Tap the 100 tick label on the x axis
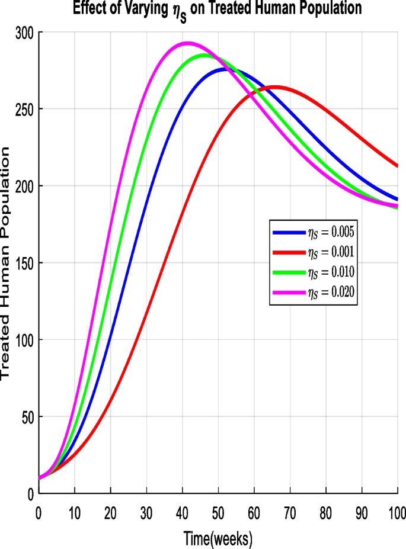point(397,510)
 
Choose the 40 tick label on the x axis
point(183,510)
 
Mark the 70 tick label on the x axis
point(290,510)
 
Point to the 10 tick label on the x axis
point(75,510)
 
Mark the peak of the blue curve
point(225,69)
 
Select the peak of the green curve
point(205,55)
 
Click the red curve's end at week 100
point(397,166)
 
